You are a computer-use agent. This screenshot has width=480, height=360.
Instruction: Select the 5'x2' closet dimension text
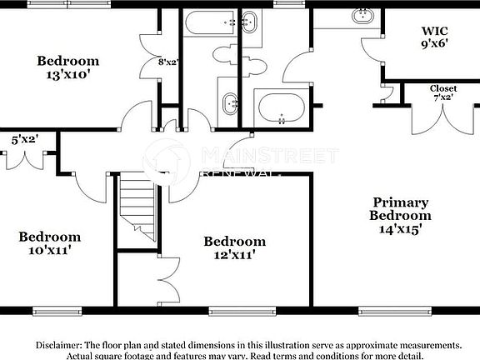pyautogui.click(x=25, y=140)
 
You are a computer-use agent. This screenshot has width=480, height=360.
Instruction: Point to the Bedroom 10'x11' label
pyautogui.click(x=50, y=242)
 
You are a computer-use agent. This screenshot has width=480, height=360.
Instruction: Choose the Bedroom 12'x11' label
pyautogui.click(x=235, y=247)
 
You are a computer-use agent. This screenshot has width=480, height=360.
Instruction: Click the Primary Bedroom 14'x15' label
pyautogui.click(x=400, y=214)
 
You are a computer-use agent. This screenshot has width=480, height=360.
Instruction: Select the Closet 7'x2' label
pyautogui.click(x=442, y=93)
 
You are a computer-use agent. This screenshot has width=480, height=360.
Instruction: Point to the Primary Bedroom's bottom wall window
pyautogui.click(x=387, y=310)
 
